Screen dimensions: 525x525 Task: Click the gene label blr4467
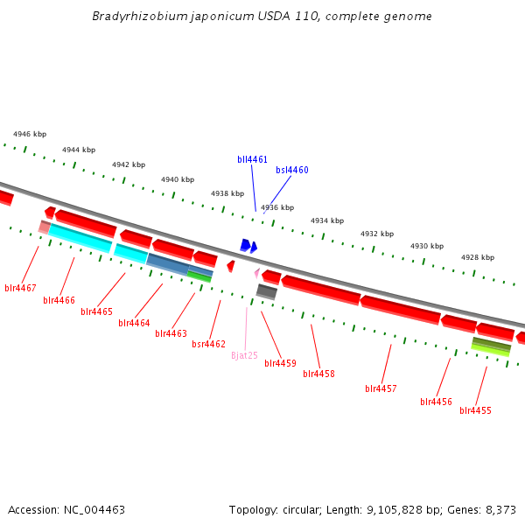pyautogui.click(x=20, y=288)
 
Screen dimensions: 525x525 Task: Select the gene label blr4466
pyautogui.click(x=59, y=301)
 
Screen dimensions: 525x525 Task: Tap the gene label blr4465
pyautogui.click(x=97, y=311)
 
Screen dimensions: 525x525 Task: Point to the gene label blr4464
pyautogui.click(x=135, y=323)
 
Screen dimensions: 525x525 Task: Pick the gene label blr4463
pyautogui.click(x=171, y=333)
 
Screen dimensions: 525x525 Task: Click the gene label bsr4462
pyautogui.click(x=209, y=345)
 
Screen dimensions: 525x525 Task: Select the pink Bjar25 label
pyautogui.click(x=245, y=355)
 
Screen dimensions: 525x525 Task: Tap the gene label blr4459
pyautogui.click(x=281, y=363)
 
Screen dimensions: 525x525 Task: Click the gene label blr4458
pyautogui.click(x=319, y=374)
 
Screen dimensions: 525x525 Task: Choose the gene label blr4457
pyautogui.click(x=381, y=388)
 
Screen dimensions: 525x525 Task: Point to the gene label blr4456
pyautogui.click(x=437, y=402)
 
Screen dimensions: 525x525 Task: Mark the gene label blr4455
pyautogui.click(x=476, y=410)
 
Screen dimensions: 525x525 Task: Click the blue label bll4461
pyautogui.click(x=253, y=159)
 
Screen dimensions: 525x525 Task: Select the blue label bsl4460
pyautogui.click(x=292, y=170)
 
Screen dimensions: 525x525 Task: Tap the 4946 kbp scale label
pyautogui.click(x=30, y=135)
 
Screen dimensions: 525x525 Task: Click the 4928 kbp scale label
pyautogui.click(x=478, y=257)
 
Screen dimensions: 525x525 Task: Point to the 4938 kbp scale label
pyautogui.click(x=227, y=193)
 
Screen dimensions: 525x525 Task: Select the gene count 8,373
pyautogui.click(x=500, y=509)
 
